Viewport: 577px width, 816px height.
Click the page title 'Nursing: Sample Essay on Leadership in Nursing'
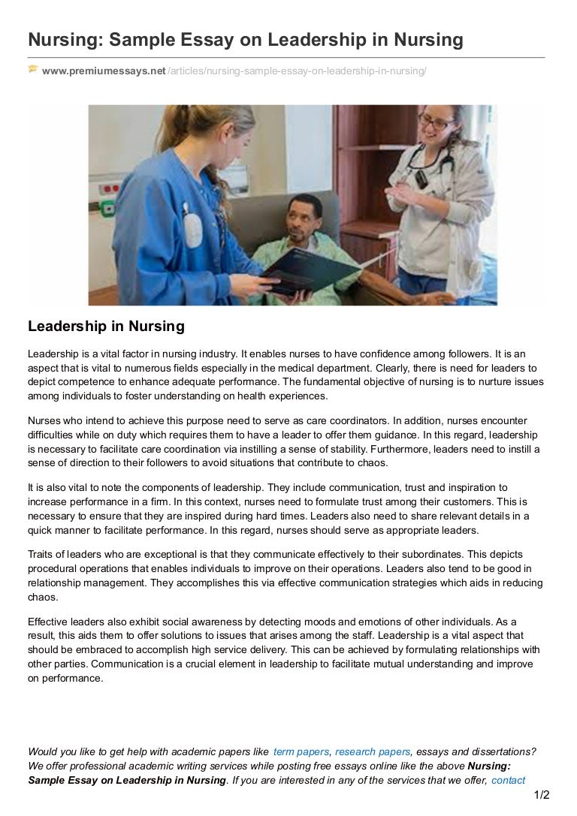coord(245,39)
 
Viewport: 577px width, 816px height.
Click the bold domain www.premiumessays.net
coord(104,71)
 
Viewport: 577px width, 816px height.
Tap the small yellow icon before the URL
coord(33,70)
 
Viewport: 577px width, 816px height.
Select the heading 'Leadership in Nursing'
coord(106,327)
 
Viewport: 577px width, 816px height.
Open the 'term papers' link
coord(301,751)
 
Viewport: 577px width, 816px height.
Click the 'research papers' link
coord(373,751)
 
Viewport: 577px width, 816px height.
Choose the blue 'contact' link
coord(508,780)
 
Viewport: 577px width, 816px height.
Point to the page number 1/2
coord(542,795)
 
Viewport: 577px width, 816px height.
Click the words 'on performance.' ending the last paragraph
coord(65,678)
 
